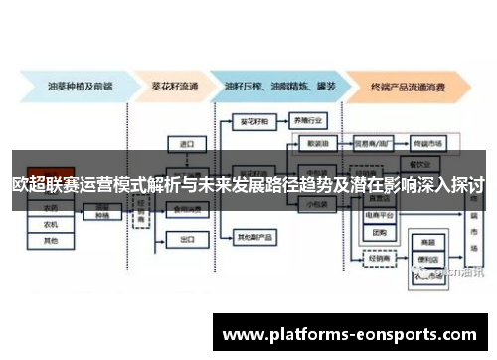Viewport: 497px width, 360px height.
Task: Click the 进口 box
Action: pyautogui.click(x=186, y=144)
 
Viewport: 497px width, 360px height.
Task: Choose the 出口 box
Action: pyautogui.click(x=186, y=240)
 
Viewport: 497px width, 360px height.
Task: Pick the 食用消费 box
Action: pyautogui.click(x=186, y=210)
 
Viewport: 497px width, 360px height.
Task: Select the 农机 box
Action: pyautogui.click(x=51, y=224)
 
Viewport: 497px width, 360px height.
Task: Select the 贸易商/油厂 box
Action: pyautogui.click(x=373, y=143)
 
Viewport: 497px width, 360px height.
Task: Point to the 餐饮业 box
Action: pyautogui.click(x=424, y=162)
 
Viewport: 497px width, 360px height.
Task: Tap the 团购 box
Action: pyautogui.click(x=380, y=232)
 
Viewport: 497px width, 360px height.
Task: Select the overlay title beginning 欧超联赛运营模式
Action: pyautogui.click(x=248, y=185)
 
